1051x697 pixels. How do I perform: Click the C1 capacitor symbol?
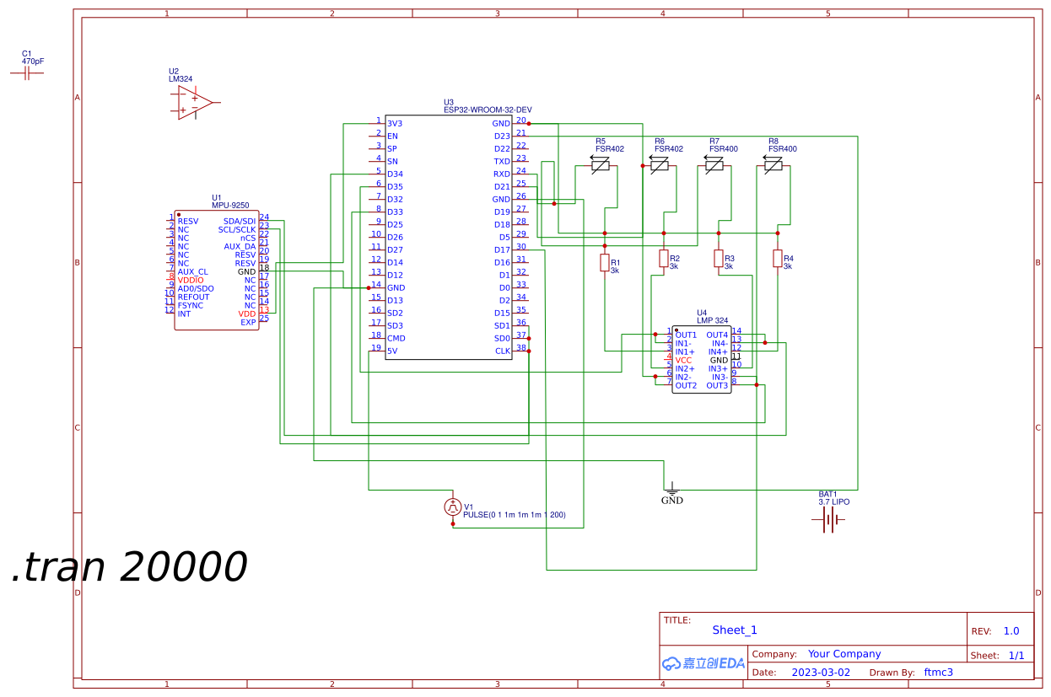tap(27, 73)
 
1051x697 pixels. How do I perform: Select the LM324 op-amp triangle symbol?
tap(194, 102)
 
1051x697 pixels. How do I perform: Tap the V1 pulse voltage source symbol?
tap(453, 507)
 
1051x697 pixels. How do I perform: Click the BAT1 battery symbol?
tap(830, 520)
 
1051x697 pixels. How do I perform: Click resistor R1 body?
tap(605, 263)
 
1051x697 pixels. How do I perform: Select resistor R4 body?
tap(778, 259)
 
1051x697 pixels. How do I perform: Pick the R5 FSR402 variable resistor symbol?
tap(600, 166)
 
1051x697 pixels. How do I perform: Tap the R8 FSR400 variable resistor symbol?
tap(773, 166)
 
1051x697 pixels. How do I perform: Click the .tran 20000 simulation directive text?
tap(129, 567)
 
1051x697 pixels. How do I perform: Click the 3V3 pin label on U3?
tap(394, 124)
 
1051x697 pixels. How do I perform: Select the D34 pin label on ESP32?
tap(395, 174)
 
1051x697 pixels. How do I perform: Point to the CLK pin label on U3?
tap(502, 351)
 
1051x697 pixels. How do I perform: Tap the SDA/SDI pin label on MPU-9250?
tap(239, 222)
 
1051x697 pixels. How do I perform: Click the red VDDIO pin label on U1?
tap(191, 281)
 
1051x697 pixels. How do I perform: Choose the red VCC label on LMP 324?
tap(683, 361)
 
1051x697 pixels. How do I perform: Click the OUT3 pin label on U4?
tap(717, 386)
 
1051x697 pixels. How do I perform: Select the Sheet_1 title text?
tap(735, 630)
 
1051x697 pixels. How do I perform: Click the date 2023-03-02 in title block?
tap(821, 673)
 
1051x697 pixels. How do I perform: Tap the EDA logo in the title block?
tap(703, 663)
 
